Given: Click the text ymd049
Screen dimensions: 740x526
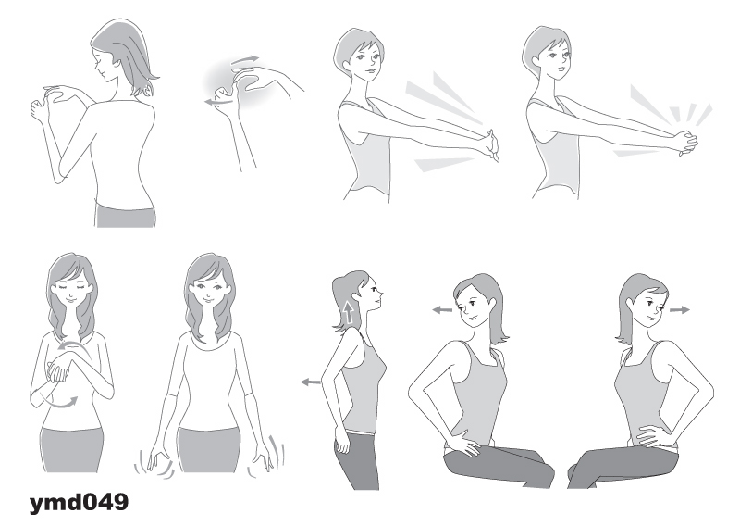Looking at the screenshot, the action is click(x=79, y=502).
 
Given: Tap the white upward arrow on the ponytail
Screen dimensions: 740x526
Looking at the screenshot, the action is click(x=349, y=312).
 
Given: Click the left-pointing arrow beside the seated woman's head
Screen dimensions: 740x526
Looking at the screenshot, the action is click(x=442, y=310).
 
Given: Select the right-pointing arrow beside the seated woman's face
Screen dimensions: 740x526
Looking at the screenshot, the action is click(x=680, y=310).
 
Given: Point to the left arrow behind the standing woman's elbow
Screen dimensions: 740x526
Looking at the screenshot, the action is click(x=311, y=382).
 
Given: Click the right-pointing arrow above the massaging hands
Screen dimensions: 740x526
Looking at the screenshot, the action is click(x=245, y=60).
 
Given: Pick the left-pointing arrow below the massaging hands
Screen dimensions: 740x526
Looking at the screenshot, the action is click(x=218, y=102).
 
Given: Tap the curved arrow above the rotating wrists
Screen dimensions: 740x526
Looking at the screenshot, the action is click(x=74, y=347).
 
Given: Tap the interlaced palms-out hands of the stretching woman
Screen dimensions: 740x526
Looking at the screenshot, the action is click(x=490, y=145).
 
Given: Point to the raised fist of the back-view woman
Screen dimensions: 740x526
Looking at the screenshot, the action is click(x=39, y=111).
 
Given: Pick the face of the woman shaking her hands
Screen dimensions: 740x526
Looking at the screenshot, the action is click(x=209, y=288).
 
